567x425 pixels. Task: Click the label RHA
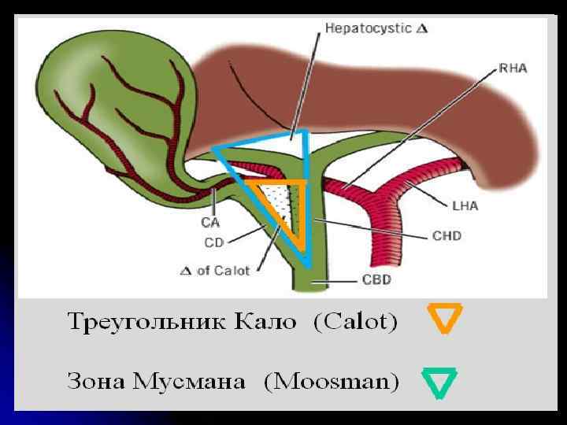513,69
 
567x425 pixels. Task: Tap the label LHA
465,206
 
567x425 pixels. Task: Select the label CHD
447,235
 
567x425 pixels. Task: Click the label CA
210,223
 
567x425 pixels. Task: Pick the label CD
213,242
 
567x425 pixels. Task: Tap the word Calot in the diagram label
233,270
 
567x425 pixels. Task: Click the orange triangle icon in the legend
444,319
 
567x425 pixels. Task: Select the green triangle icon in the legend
439,382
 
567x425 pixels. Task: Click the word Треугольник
137,323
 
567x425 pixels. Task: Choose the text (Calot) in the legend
355,322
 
